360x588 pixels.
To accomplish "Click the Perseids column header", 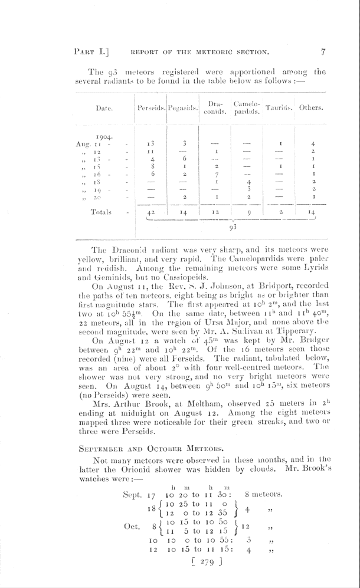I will click(150, 109).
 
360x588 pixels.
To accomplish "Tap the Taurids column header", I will click(280, 109).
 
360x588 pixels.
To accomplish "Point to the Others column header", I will click(311, 109).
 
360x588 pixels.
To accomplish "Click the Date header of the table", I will click(105, 109).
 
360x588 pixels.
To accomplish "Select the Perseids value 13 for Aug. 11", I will click(152, 143).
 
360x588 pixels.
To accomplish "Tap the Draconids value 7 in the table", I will click(217, 175).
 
